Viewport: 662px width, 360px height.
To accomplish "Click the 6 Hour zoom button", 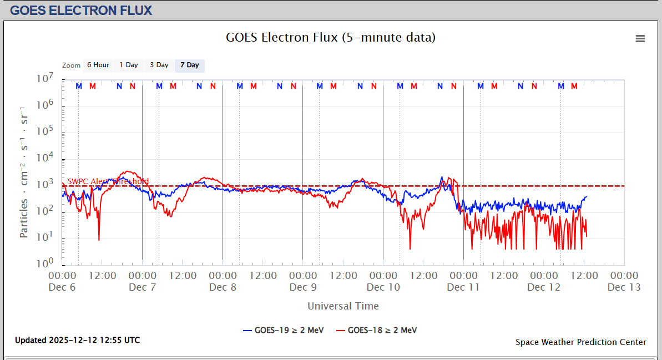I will (98, 65).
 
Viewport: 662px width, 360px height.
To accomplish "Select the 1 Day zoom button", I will (129, 65).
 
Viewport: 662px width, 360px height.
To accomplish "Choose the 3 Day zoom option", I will (159, 65).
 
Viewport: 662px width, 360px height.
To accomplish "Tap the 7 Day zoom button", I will (190, 65).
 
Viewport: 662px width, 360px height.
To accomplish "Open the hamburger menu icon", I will (640, 38).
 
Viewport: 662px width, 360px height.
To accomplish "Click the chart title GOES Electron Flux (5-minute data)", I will (331, 38).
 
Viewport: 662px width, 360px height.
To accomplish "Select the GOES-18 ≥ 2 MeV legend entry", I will (377, 330).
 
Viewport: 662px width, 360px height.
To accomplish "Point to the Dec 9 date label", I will (303, 287).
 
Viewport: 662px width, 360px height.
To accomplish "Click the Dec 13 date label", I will (624, 287).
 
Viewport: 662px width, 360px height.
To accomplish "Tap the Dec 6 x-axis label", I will (62, 287).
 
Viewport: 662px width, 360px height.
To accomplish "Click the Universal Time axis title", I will (343, 306).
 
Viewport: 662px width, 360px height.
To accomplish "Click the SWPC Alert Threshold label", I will (108, 181).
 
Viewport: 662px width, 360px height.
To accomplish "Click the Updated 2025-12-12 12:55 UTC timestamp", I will (78, 340).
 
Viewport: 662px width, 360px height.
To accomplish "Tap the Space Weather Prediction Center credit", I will (580, 342).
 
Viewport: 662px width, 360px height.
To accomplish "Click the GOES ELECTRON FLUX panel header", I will (81, 10).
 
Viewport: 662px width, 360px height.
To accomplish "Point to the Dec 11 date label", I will (463, 287).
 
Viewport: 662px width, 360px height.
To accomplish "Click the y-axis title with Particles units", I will (24, 172).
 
